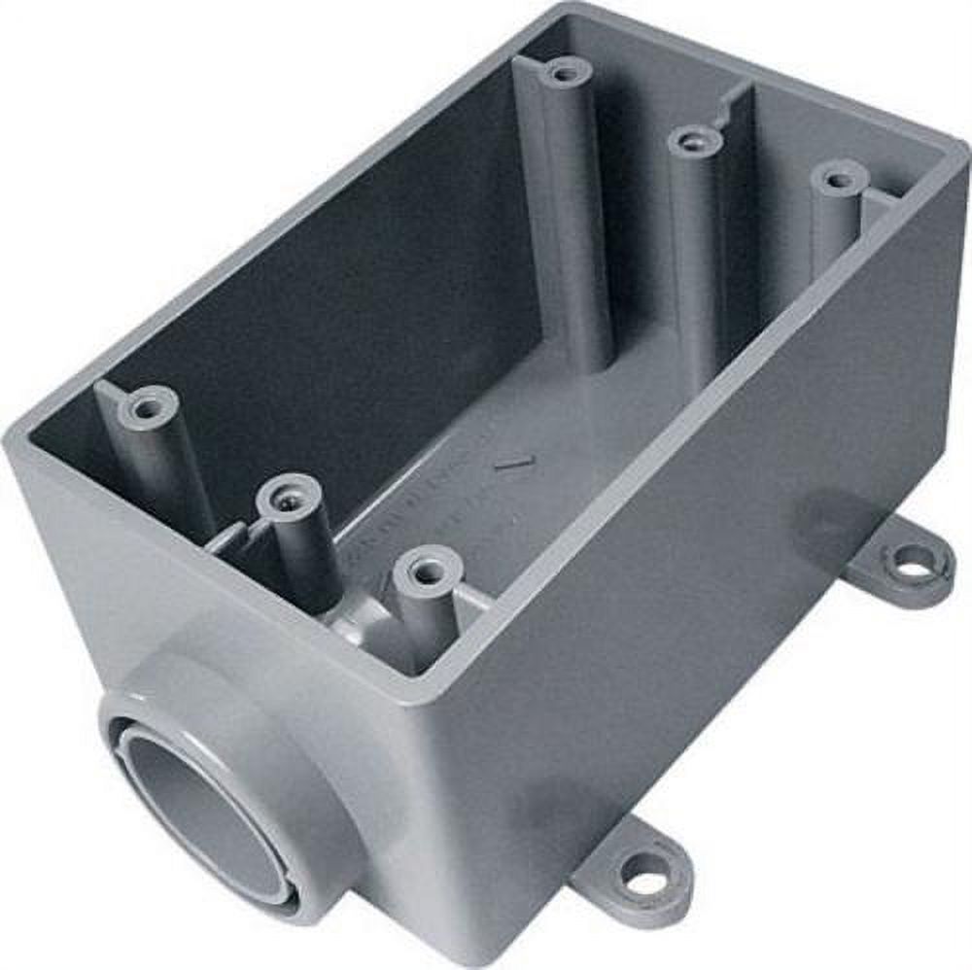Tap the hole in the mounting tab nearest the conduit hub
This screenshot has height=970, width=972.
pyautogui.click(x=644, y=883)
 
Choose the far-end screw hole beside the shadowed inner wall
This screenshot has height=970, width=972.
pyautogui.click(x=564, y=72)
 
